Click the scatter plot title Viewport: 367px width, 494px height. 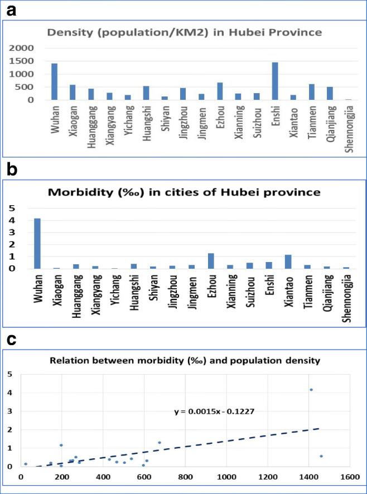point(183,361)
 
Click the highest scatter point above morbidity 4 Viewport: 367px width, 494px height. point(311,390)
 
